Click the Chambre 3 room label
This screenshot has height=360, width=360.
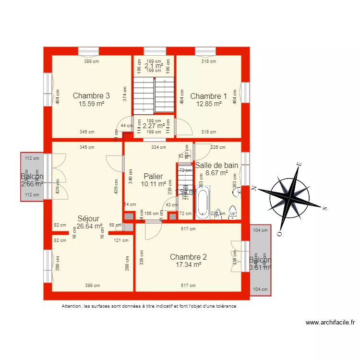[x=91, y=96]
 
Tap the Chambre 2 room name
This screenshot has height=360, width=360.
[x=188, y=257]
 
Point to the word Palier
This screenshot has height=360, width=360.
[x=153, y=176]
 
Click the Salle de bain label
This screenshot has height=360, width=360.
[x=216, y=165]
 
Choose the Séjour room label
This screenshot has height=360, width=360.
[x=88, y=218]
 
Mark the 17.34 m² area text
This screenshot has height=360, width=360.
[x=188, y=264]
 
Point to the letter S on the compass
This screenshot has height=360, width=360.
[x=324, y=208]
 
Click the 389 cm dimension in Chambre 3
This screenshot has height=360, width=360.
[x=91, y=61]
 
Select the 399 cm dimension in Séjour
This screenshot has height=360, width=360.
[x=93, y=286]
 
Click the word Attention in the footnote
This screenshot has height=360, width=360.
[x=72, y=306]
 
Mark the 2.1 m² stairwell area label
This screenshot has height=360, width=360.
[x=154, y=66]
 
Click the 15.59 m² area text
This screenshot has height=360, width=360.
[x=91, y=104]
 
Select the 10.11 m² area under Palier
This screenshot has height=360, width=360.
[x=153, y=184]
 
